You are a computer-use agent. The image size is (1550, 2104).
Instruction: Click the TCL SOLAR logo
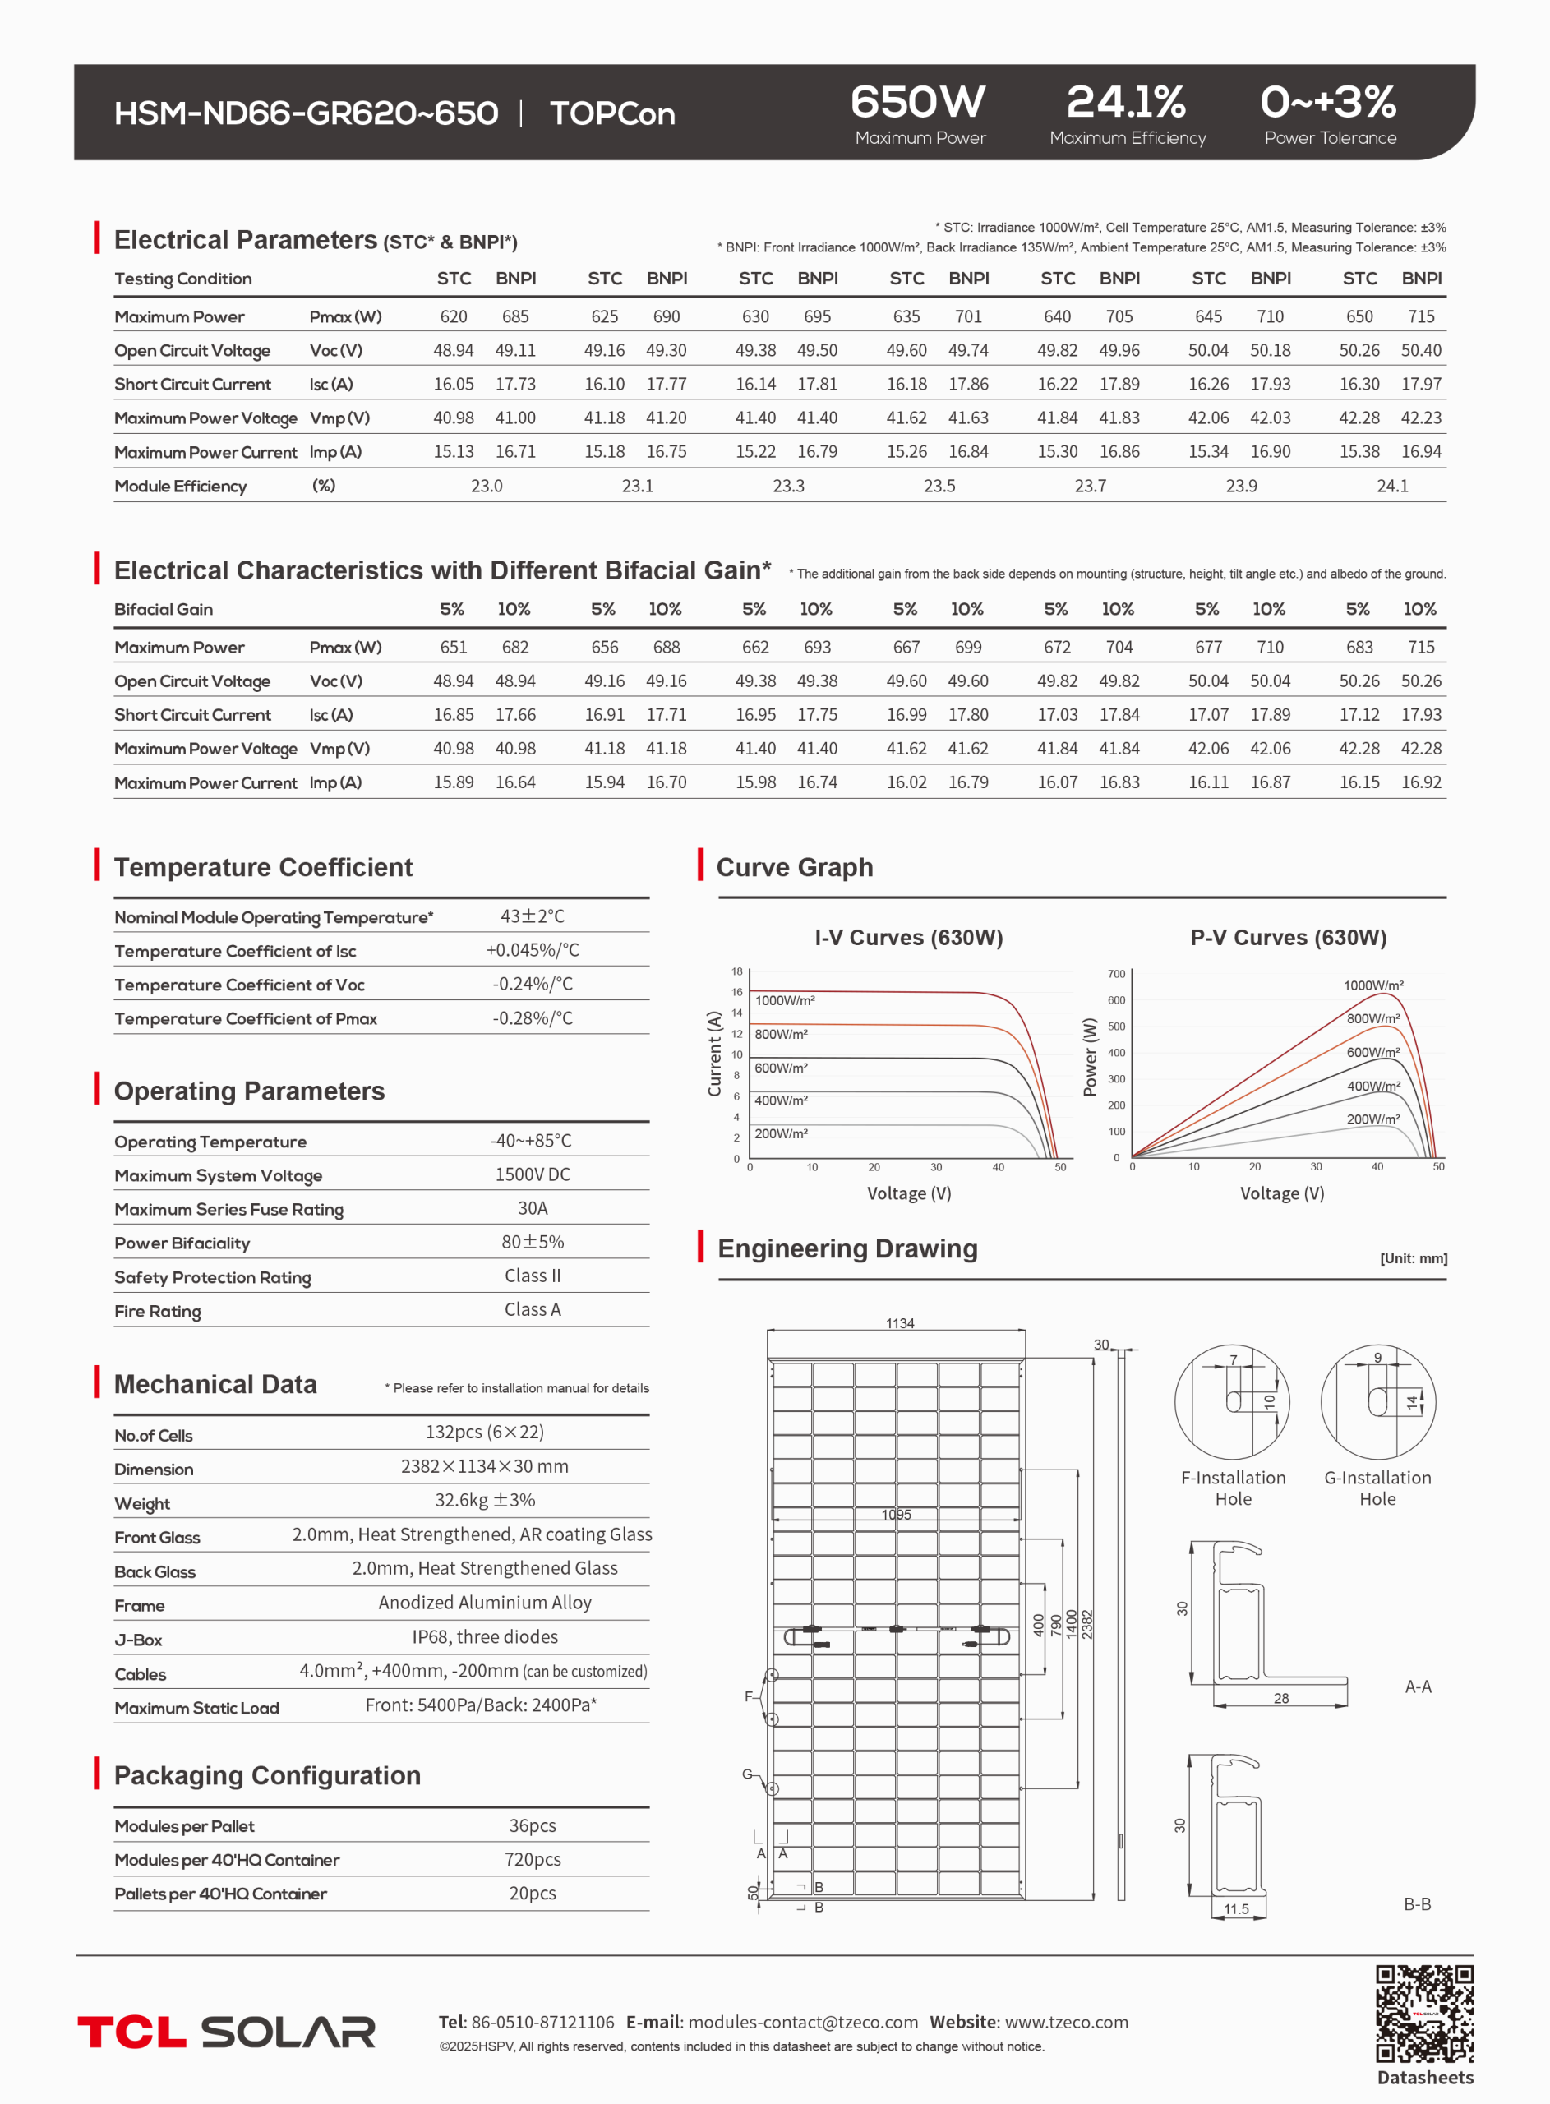(x=226, y=2031)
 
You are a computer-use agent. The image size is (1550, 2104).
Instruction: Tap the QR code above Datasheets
(x=1424, y=2013)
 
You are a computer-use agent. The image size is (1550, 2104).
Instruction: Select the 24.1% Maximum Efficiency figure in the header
(x=1126, y=102)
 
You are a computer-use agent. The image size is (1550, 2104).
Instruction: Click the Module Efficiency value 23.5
(x=939, y=486)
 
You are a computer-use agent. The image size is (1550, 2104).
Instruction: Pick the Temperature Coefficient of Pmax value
(x=532, y=1017)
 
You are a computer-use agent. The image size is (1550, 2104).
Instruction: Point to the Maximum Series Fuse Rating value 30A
(x=532, y=1208)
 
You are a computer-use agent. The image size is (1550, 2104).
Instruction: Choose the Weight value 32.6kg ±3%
(x=484, y=1500)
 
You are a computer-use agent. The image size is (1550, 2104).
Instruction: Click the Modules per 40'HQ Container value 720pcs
(x=532, y=1859)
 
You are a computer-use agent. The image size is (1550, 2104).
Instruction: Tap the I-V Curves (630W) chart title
(x=908, y=937)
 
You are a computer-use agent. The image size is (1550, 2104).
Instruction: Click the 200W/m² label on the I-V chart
(x=781, y=1133)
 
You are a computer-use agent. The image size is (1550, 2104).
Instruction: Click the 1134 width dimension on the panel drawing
(x=900, y=1322)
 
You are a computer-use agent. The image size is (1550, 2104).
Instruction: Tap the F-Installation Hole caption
(x=1233, y=1488)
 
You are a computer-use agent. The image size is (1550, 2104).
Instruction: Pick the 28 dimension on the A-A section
(x=1280, y=1698)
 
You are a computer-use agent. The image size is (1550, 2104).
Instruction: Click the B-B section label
(x=1417, y=1904)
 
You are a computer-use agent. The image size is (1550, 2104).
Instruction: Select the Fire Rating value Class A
(x=532, y=1309)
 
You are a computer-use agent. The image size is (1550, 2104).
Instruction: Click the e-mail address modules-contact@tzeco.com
(x=802, y=2022)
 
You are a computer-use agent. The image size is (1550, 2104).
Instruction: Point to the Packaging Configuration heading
(x=267, y=1776)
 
